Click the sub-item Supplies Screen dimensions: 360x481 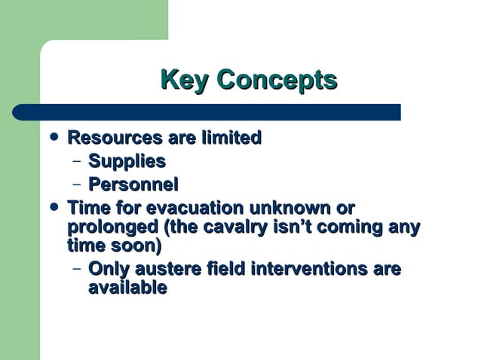(127, 161)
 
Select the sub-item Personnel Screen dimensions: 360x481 (133, 184)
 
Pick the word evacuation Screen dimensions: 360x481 (192, 207)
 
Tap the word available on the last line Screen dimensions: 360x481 (127, 287)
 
